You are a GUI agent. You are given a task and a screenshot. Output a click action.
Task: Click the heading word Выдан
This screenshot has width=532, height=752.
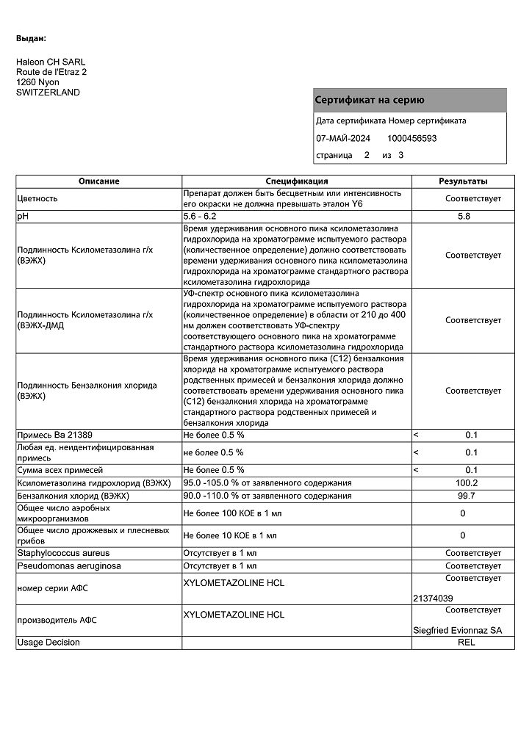(x=31, y=37)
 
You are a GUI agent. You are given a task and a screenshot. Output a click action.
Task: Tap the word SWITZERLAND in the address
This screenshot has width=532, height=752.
(x=48, y=93)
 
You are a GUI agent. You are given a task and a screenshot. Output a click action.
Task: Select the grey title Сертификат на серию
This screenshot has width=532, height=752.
(x=369, y=100)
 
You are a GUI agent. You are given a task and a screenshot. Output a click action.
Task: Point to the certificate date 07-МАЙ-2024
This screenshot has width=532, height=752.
(x=343, y=138)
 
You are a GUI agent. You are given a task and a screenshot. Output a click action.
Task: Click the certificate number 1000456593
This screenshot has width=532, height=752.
(x=411, y=138)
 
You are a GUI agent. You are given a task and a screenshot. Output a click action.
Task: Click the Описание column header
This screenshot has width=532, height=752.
(x=99, y=181)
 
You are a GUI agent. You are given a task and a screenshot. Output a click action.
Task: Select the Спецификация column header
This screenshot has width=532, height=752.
(x=296, y=181)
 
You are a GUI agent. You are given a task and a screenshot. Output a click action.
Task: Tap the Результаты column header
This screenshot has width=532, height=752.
(x=463, y=181)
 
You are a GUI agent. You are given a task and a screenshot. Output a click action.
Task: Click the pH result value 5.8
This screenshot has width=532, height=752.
(x=463, y=217)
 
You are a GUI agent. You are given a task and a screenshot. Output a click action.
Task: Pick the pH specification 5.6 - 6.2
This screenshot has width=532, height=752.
(x=200, y=217)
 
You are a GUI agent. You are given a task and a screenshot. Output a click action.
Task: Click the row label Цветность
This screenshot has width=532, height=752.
(x=37, y=198)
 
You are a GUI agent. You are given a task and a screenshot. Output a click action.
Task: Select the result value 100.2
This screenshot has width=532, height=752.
(x=467, y=483)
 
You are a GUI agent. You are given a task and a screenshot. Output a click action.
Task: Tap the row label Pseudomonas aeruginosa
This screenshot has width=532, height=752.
(x=69, y=566)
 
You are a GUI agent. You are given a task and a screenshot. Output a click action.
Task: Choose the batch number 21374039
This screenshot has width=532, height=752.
(x=434, y=599)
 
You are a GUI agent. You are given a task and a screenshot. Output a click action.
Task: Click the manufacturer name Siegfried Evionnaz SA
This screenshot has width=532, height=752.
(x=459, y=630)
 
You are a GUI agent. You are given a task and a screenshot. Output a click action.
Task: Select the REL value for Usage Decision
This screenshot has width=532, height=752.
(x=467, y=643)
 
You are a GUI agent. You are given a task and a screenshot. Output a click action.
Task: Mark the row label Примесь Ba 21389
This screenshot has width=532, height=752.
(x=54, y=435)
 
